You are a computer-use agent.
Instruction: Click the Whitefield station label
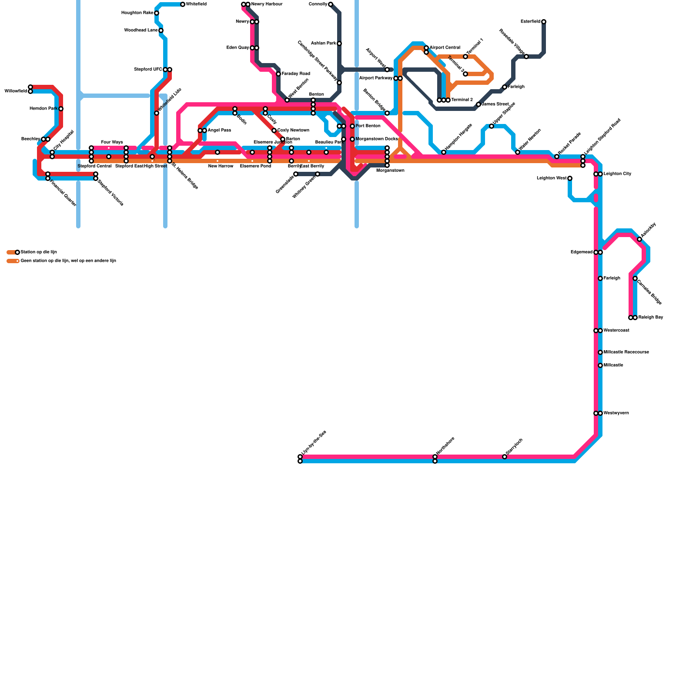pos(196,4)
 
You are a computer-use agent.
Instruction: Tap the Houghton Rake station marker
pos(157,13)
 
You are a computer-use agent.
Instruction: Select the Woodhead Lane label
pos(141,30)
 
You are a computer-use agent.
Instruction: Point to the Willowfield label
pos(16,91)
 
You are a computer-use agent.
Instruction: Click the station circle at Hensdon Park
pos(61,109)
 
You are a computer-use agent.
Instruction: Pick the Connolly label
pos(318,4)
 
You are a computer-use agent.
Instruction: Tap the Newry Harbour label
pos(267,4)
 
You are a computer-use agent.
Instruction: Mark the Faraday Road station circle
pos(278,74)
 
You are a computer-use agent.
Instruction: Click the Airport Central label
pos(445,48)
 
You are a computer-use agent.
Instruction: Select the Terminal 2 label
pos(462,100)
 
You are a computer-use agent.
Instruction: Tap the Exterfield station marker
pos(544,22)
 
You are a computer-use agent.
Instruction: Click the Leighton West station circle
pos(570,178)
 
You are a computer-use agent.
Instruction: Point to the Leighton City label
pos(617,174)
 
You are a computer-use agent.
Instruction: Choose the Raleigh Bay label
pos(651,318)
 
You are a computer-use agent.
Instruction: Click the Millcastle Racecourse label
pos(626,352)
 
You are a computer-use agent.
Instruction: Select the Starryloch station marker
pos(505,457)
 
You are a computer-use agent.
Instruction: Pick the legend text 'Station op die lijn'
pos(39,252)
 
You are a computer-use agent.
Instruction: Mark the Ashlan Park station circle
pos(339,43)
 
